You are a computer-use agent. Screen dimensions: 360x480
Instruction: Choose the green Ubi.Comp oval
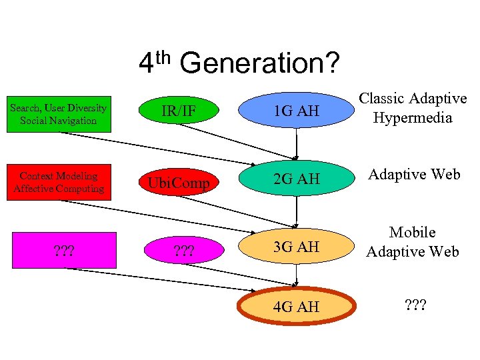click(x=179, y=182)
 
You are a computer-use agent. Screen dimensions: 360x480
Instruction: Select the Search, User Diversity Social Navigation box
click(x=59, y=114)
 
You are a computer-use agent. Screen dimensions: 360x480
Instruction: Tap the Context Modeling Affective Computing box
click(x=59, y=182)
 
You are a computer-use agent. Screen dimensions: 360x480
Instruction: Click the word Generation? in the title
click(x=259, y=64)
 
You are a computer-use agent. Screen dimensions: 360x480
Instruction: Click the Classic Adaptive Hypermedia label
click(x=413, y=108)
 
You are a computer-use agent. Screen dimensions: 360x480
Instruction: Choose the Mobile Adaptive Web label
click(x=413, y=241)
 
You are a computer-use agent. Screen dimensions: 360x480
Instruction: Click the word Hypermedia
click(x=413, y=118)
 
